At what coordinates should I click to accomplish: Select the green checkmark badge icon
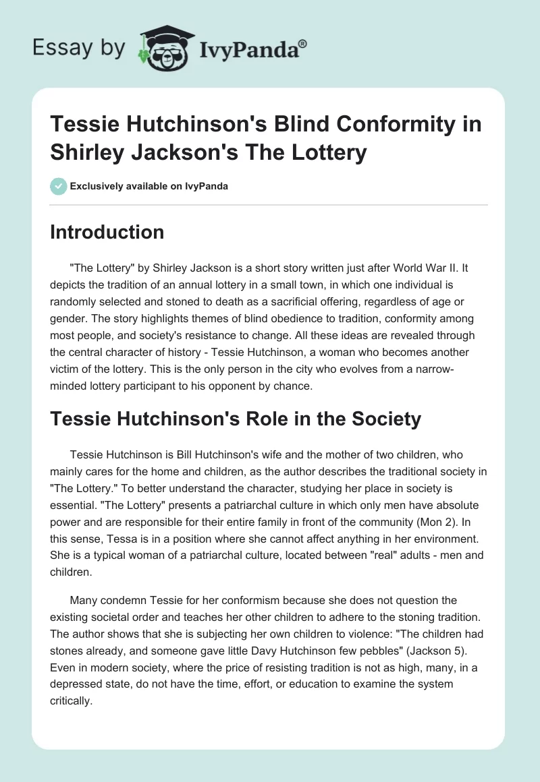point(58,186)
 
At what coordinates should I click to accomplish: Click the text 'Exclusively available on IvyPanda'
point(148,187)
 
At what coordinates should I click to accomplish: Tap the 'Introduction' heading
point(107,232)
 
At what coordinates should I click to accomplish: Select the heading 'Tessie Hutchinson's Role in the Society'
point(236,419)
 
